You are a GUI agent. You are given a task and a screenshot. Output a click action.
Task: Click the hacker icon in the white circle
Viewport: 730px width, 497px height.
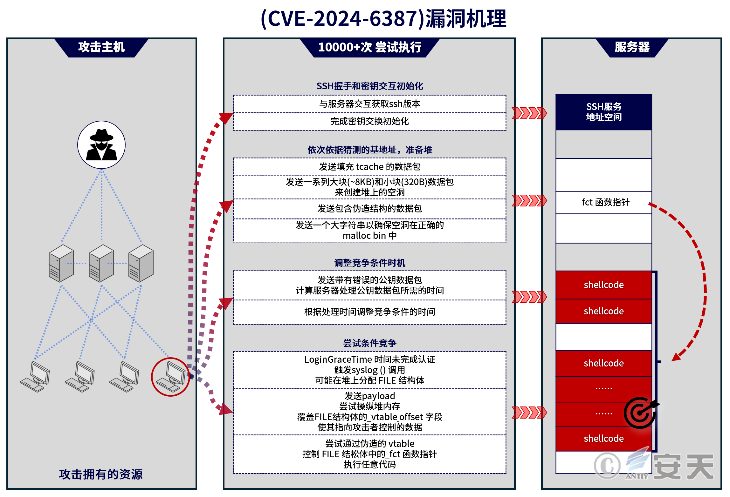point(101,145)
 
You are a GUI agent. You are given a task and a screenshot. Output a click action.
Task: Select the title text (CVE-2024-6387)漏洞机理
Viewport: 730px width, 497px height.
point(383,18)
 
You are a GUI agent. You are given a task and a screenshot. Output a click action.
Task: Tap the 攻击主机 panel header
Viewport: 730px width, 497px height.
point(101,47)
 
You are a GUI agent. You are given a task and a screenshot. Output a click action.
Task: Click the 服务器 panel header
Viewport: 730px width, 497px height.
point(632,47)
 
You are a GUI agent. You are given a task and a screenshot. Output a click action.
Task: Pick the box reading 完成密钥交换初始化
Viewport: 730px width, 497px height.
point(369,121)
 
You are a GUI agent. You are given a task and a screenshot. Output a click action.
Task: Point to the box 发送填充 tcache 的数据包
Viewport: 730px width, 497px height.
point(369,167)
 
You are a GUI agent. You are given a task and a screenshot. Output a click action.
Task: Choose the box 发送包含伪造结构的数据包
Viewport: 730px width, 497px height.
point(369,209)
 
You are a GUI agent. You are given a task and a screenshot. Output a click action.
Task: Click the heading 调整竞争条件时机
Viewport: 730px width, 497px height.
point(369,263)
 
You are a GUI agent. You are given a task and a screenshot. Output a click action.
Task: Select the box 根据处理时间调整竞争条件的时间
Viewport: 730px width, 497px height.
point(369,312)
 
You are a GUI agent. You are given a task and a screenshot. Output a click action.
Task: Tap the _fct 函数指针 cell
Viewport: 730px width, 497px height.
point(603,202)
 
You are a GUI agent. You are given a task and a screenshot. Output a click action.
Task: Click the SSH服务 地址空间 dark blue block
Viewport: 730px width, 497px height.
point(603,112)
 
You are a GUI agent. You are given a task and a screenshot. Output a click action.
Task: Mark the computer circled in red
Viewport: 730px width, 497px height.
point(171,377)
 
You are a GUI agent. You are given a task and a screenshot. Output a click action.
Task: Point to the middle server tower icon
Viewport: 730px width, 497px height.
point(101,263)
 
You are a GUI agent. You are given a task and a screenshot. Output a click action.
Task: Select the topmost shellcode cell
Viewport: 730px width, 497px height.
point(603,285)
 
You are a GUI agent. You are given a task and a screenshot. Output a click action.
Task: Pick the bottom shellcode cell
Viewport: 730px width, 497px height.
point(603,439)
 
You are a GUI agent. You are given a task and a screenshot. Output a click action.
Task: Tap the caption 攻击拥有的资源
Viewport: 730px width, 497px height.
point(101,474)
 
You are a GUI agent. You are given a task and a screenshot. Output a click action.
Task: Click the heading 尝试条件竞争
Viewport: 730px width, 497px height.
point(369,343)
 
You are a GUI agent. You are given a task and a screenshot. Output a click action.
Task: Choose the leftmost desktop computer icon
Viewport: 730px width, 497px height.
point(35,377)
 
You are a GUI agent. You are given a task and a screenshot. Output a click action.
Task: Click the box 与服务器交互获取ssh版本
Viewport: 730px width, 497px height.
point(369,104)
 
